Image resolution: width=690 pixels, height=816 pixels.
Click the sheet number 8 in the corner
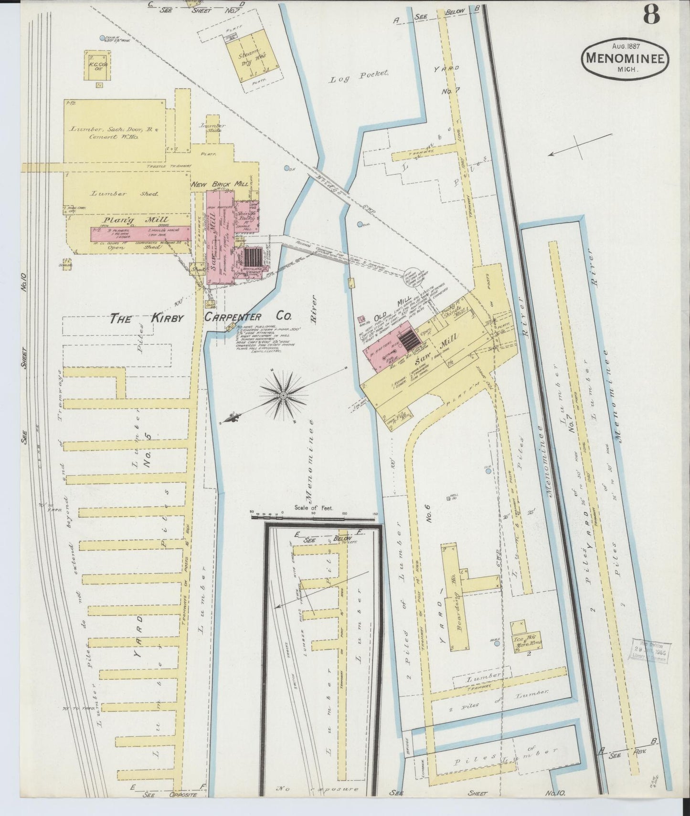(x=651, y=16)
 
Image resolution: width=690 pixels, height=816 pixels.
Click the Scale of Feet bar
(x=313, y=515)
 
